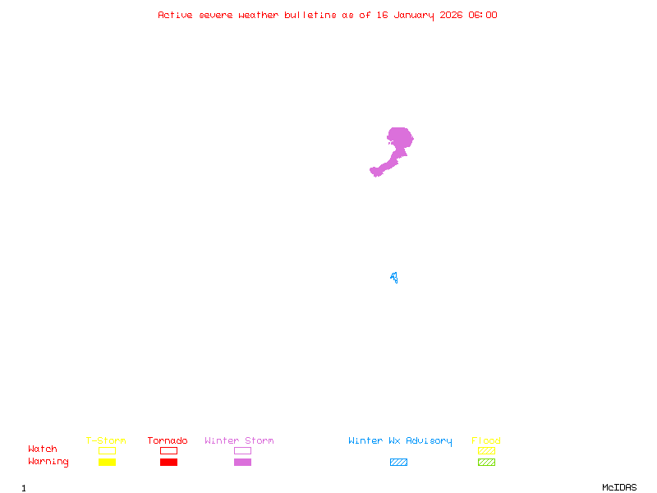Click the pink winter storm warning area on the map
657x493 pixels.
[399, 139]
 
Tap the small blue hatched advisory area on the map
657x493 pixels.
[394, 278]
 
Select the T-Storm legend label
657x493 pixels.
[106, 440]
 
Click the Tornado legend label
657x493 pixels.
[168, 440]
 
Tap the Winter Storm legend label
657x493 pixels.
[239, 440]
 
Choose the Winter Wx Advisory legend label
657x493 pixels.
[400, 440]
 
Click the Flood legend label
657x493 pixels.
[486, 440]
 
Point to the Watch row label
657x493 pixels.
[43, 449]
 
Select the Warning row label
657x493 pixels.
[48, 462]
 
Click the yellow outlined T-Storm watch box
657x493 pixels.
[107, 450]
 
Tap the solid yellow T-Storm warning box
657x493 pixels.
[107, 462]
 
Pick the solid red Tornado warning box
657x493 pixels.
[168, 462]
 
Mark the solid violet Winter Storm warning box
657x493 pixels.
[242, 462]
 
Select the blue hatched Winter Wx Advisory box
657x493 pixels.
[398, 462]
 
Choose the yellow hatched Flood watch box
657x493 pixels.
[486, 450]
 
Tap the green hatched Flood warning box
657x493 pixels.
[486, 462]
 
